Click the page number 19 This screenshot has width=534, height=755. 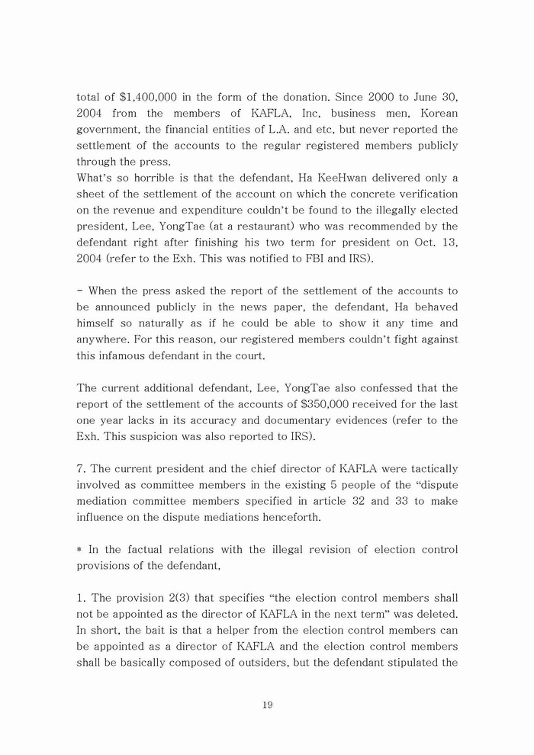click(x=267, y=705)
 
